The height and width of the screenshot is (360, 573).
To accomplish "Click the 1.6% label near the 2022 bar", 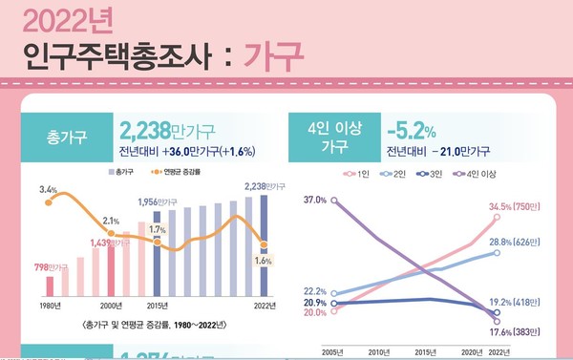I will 261,259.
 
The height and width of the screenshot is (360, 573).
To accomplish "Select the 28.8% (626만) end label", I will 515,244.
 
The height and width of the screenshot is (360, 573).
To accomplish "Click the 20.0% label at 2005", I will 315,312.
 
